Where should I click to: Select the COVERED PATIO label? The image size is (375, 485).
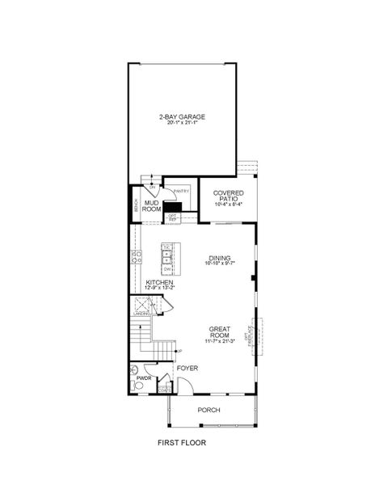229,196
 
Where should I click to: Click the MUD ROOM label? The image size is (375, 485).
151,205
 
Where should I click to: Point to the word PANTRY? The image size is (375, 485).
181,192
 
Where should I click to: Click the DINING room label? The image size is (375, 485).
219,258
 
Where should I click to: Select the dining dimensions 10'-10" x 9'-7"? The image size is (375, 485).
219,264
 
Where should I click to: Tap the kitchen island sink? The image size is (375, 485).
167,257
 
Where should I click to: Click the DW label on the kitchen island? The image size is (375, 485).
166,268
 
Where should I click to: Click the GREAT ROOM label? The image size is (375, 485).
219,331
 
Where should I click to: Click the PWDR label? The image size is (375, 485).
145,377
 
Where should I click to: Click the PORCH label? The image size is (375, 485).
209,410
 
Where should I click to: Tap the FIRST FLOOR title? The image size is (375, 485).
182,443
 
